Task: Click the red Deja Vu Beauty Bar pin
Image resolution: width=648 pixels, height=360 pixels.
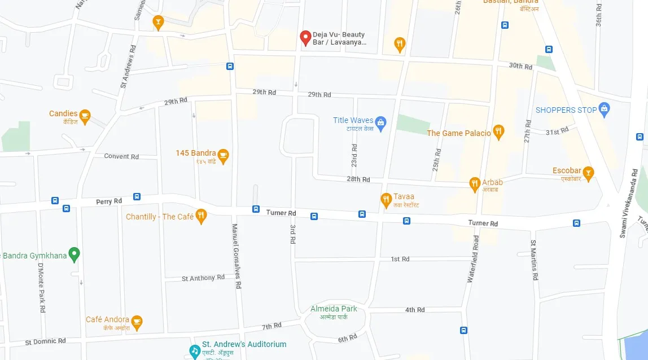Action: click(305, 38)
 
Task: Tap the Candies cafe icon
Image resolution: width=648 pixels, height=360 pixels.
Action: click(85, 117)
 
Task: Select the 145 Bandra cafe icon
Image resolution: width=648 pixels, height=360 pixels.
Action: click(224, 156)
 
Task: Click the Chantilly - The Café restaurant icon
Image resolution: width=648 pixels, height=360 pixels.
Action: click(201, 216)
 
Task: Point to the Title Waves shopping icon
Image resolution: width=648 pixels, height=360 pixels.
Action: click(381, 124)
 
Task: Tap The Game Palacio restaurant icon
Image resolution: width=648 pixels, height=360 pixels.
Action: click(498, 133)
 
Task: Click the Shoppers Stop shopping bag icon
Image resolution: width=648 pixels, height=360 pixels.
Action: click(604, 109)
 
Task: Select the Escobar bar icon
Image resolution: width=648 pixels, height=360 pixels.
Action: click(588, 173)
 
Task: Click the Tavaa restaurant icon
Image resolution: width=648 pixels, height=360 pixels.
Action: click(386, 199)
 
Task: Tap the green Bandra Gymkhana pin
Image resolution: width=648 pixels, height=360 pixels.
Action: click(74, 254)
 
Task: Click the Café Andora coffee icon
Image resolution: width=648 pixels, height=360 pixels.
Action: click(137, 322)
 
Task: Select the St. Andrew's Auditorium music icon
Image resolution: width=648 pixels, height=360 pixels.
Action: click(195, 350)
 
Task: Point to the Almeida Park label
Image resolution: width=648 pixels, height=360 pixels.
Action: click(334, 309)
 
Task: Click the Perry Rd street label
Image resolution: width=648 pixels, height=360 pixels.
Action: click(109, 201)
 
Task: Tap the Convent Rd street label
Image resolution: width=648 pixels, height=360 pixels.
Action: click(121, 156)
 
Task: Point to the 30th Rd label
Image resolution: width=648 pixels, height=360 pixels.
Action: click(520, 67)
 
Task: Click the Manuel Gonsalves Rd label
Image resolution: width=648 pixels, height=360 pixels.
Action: click(237, 256)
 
